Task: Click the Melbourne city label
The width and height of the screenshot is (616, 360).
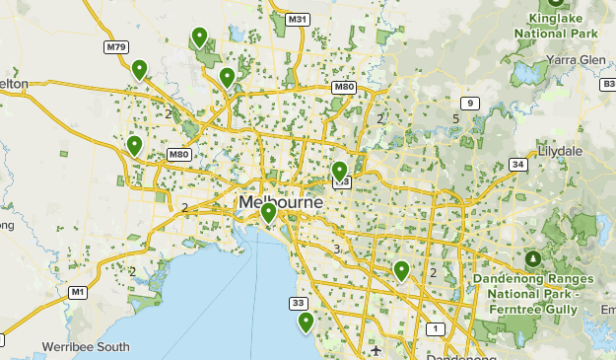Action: [281, 202]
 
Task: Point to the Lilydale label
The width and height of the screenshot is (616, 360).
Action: [560, 152]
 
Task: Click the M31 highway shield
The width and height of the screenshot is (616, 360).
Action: [298, 20]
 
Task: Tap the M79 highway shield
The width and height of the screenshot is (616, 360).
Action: [116, 46]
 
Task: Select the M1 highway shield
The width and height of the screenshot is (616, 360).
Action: [78, 292]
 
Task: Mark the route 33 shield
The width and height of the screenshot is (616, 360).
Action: [299, 303]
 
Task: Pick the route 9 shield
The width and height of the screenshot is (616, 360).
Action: [470, 104]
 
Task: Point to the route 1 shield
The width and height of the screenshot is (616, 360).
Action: [435, 328]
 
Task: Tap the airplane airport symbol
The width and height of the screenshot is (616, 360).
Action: [376, 350]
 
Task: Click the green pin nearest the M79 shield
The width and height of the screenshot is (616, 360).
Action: [140, 69]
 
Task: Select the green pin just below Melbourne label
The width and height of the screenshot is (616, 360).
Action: [268, 212]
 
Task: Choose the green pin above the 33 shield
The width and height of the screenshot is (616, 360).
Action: [306, 322]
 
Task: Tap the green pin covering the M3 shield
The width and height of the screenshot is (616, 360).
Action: [340, 172]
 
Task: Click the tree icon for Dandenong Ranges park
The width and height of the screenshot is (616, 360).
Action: [533, 258]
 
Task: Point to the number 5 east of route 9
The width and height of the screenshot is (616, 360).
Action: [455, 119]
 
